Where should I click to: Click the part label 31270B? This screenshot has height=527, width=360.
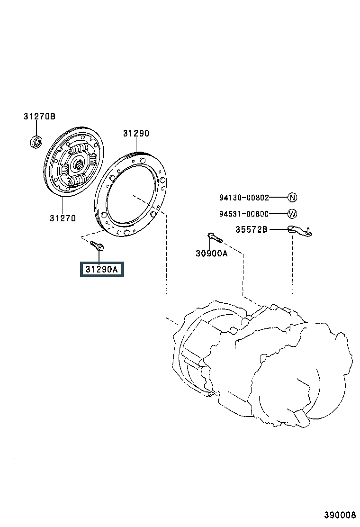[39, 116]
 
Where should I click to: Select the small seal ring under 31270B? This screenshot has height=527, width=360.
[36, 142]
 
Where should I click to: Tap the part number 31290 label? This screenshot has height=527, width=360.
[136, 134]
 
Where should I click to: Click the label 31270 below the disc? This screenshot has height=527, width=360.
[63, 218]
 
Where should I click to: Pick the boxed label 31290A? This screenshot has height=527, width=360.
[102, 269]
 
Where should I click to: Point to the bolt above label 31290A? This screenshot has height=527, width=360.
[97, 245]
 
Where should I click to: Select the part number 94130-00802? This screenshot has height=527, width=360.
[244, 198]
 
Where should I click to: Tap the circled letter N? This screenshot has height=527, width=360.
[293, 197]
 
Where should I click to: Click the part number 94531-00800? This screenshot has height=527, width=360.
[244, 214]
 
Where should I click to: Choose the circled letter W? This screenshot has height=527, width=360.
[293, 213]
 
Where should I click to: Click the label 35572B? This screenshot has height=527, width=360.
[251, 229]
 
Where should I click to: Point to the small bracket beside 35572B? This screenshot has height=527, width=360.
[300, 231]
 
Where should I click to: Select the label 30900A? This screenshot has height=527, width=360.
[212, 254]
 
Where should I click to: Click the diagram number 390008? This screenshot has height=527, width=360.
[340, 515]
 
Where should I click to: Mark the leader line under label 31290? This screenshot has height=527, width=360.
[136, 145]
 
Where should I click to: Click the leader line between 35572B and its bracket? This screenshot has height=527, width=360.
[279, 229]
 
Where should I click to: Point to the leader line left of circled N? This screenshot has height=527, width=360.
[279, 197]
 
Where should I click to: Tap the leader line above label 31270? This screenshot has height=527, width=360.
[63, 205]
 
